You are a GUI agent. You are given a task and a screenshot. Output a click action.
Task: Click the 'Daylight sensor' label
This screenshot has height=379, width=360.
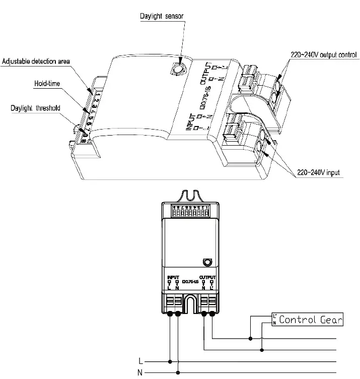pyautogui.click(x=162, y=16)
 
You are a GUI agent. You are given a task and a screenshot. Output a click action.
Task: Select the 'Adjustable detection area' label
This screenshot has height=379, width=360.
pyautogui.click(x=36, y=61)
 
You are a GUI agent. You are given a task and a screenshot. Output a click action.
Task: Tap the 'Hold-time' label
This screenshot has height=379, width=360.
pyautogui.click(x=47, y=84)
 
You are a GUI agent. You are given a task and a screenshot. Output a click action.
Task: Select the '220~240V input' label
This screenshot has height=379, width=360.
pyautogui.click(x=318, y=173)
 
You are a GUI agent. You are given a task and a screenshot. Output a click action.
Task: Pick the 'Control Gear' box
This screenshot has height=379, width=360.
pyautogui.click(x=307, y=320)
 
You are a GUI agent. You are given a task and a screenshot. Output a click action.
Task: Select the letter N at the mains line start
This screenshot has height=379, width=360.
pyautogui.click(x=140, y=372)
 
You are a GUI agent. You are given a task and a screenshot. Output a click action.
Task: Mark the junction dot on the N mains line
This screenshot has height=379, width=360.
pyautogui.click(x=178, y=372)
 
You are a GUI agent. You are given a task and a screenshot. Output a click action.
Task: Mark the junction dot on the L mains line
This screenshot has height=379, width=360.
pyautogui.click(x=170, y=361)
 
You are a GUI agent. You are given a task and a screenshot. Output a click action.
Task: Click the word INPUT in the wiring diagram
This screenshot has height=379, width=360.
pyautogui.click(x=173, y=277)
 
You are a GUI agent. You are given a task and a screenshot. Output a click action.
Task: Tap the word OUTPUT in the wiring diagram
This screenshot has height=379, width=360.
pyautogui.click(x=207, y=277)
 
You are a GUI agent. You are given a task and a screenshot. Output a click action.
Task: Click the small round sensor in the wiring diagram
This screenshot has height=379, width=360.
pyautogui.click(x=206, y=262)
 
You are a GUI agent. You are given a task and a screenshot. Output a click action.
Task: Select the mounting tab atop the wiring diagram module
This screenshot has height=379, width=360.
pyautogui.click(x=190, y=194)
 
